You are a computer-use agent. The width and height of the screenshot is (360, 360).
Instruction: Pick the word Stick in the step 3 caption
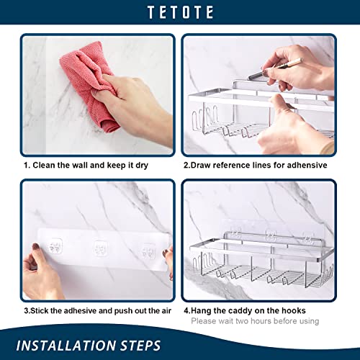click(x=45, y=311)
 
